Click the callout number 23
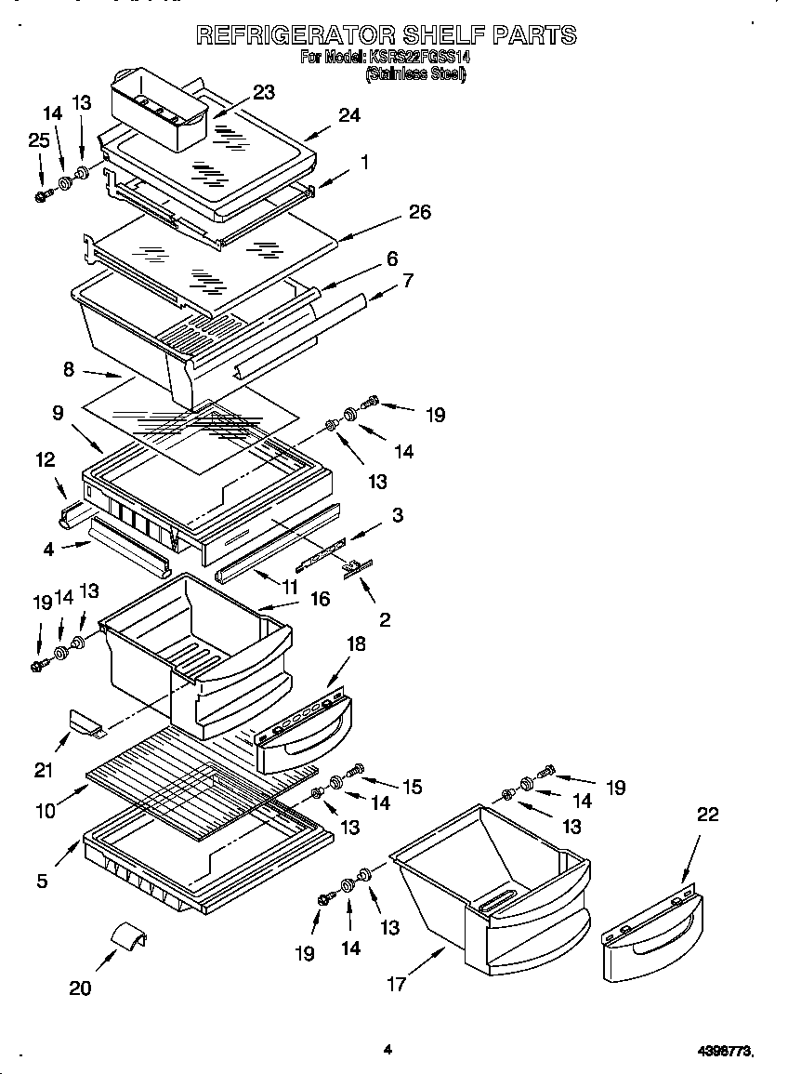coord(264,91)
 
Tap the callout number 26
coord(420,213)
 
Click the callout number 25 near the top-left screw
coord(38,140)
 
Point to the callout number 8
coord(69,369)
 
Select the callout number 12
coord(46,459)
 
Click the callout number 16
coord(320,600)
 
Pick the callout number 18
coord(356,644)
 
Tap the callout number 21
coord(44,769)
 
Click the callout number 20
coord(80,988)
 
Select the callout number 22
coord(707,815)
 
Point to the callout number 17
coord(397,984)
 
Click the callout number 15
coord(412,788)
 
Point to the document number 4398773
coord(724,1051)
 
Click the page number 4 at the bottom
coord(387,1050)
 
